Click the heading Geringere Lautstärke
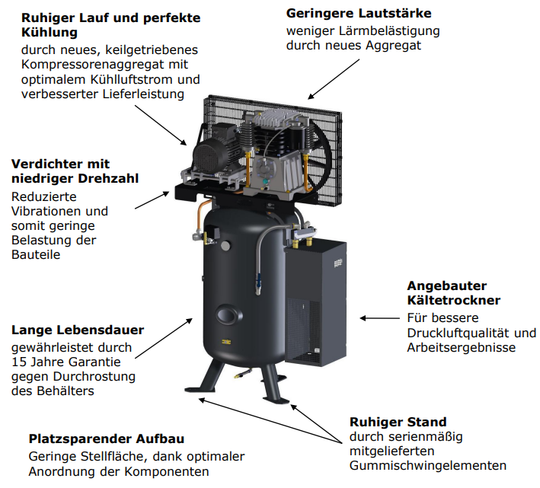[359, 14]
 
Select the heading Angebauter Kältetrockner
[454, 293]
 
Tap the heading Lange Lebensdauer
[78, 330]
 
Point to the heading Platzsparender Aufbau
[107, 439]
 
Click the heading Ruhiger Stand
[398, 422]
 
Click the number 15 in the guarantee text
[18, 362]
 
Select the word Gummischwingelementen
[428, 466]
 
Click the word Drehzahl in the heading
[108, 178]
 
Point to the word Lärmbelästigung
[389, 31]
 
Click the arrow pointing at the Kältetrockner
[379, 318]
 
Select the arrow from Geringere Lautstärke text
[334, 79]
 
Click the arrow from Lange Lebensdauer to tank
[164, 338]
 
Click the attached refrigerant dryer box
[316, 303]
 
